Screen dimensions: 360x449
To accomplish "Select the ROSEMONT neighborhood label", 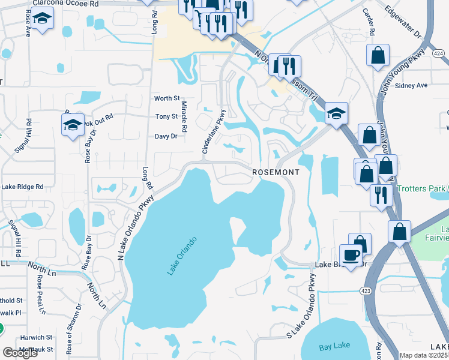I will pyautogui.click(x=275, y=172).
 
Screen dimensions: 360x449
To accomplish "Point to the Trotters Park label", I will pyautogui.click(x=423, y=188).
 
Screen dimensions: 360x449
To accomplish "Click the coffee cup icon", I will pyautogui.click(x=351, y=254).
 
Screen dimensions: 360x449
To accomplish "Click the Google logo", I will pyautogui.click(x=20, y=353).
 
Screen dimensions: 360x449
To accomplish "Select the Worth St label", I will pyautogui.click(x=167, y=98).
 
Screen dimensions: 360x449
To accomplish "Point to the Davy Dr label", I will pyautogui.click(x=166, y=136).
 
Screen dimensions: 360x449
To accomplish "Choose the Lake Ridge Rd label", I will pyautogui.click(x=22, y=187).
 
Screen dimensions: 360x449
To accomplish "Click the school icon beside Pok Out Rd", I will pyautogui.click(x=73, y=125).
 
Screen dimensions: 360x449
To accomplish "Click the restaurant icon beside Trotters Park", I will pyautogui.click(x=381, y=194).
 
